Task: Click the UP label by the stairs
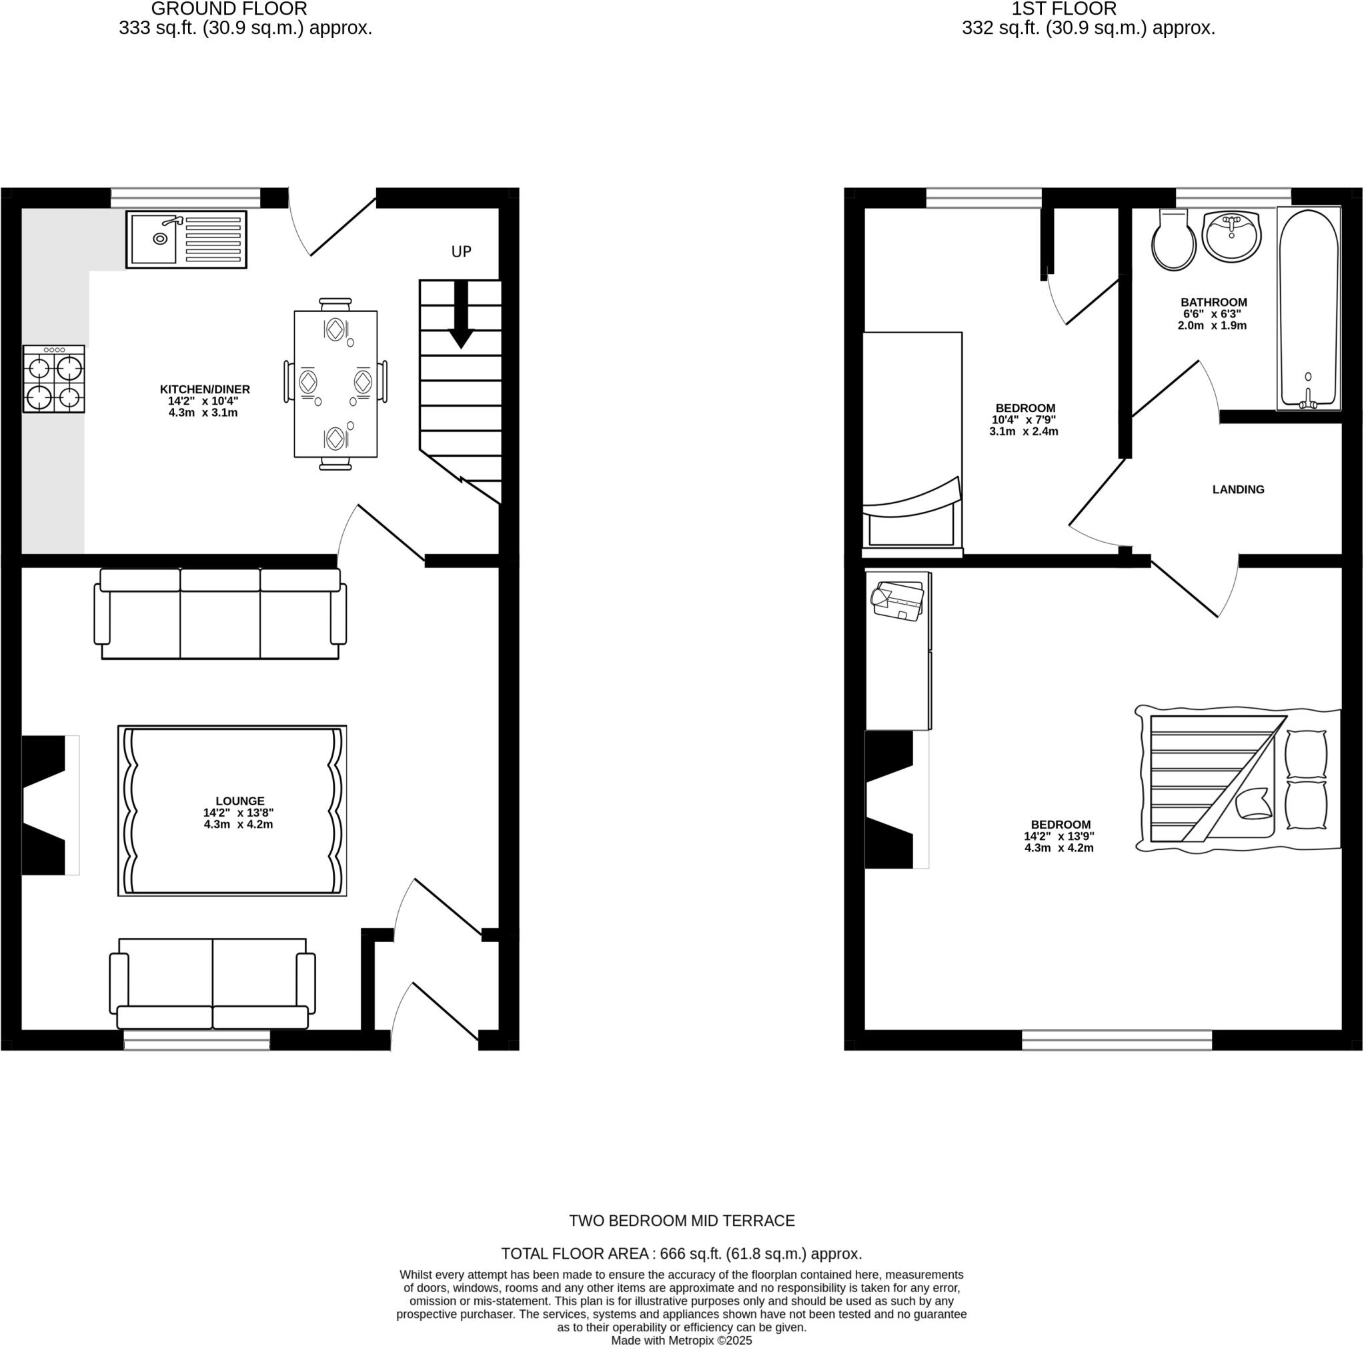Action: [461, 251]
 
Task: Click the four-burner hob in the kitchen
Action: [54, 379]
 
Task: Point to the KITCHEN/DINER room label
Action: [204, 389]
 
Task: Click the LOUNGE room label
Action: [239, 801]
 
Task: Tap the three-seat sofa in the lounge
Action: [220, 613]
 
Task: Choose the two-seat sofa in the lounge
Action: [212, 983]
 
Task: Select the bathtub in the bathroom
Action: [1308, 309]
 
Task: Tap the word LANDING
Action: [1238, 489]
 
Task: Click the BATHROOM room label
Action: [1213, 303]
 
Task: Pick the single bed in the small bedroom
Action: [912, 442]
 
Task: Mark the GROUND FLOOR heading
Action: [229, 9]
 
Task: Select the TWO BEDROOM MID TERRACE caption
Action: [682, 1221]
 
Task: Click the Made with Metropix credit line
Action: [682, 1340]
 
